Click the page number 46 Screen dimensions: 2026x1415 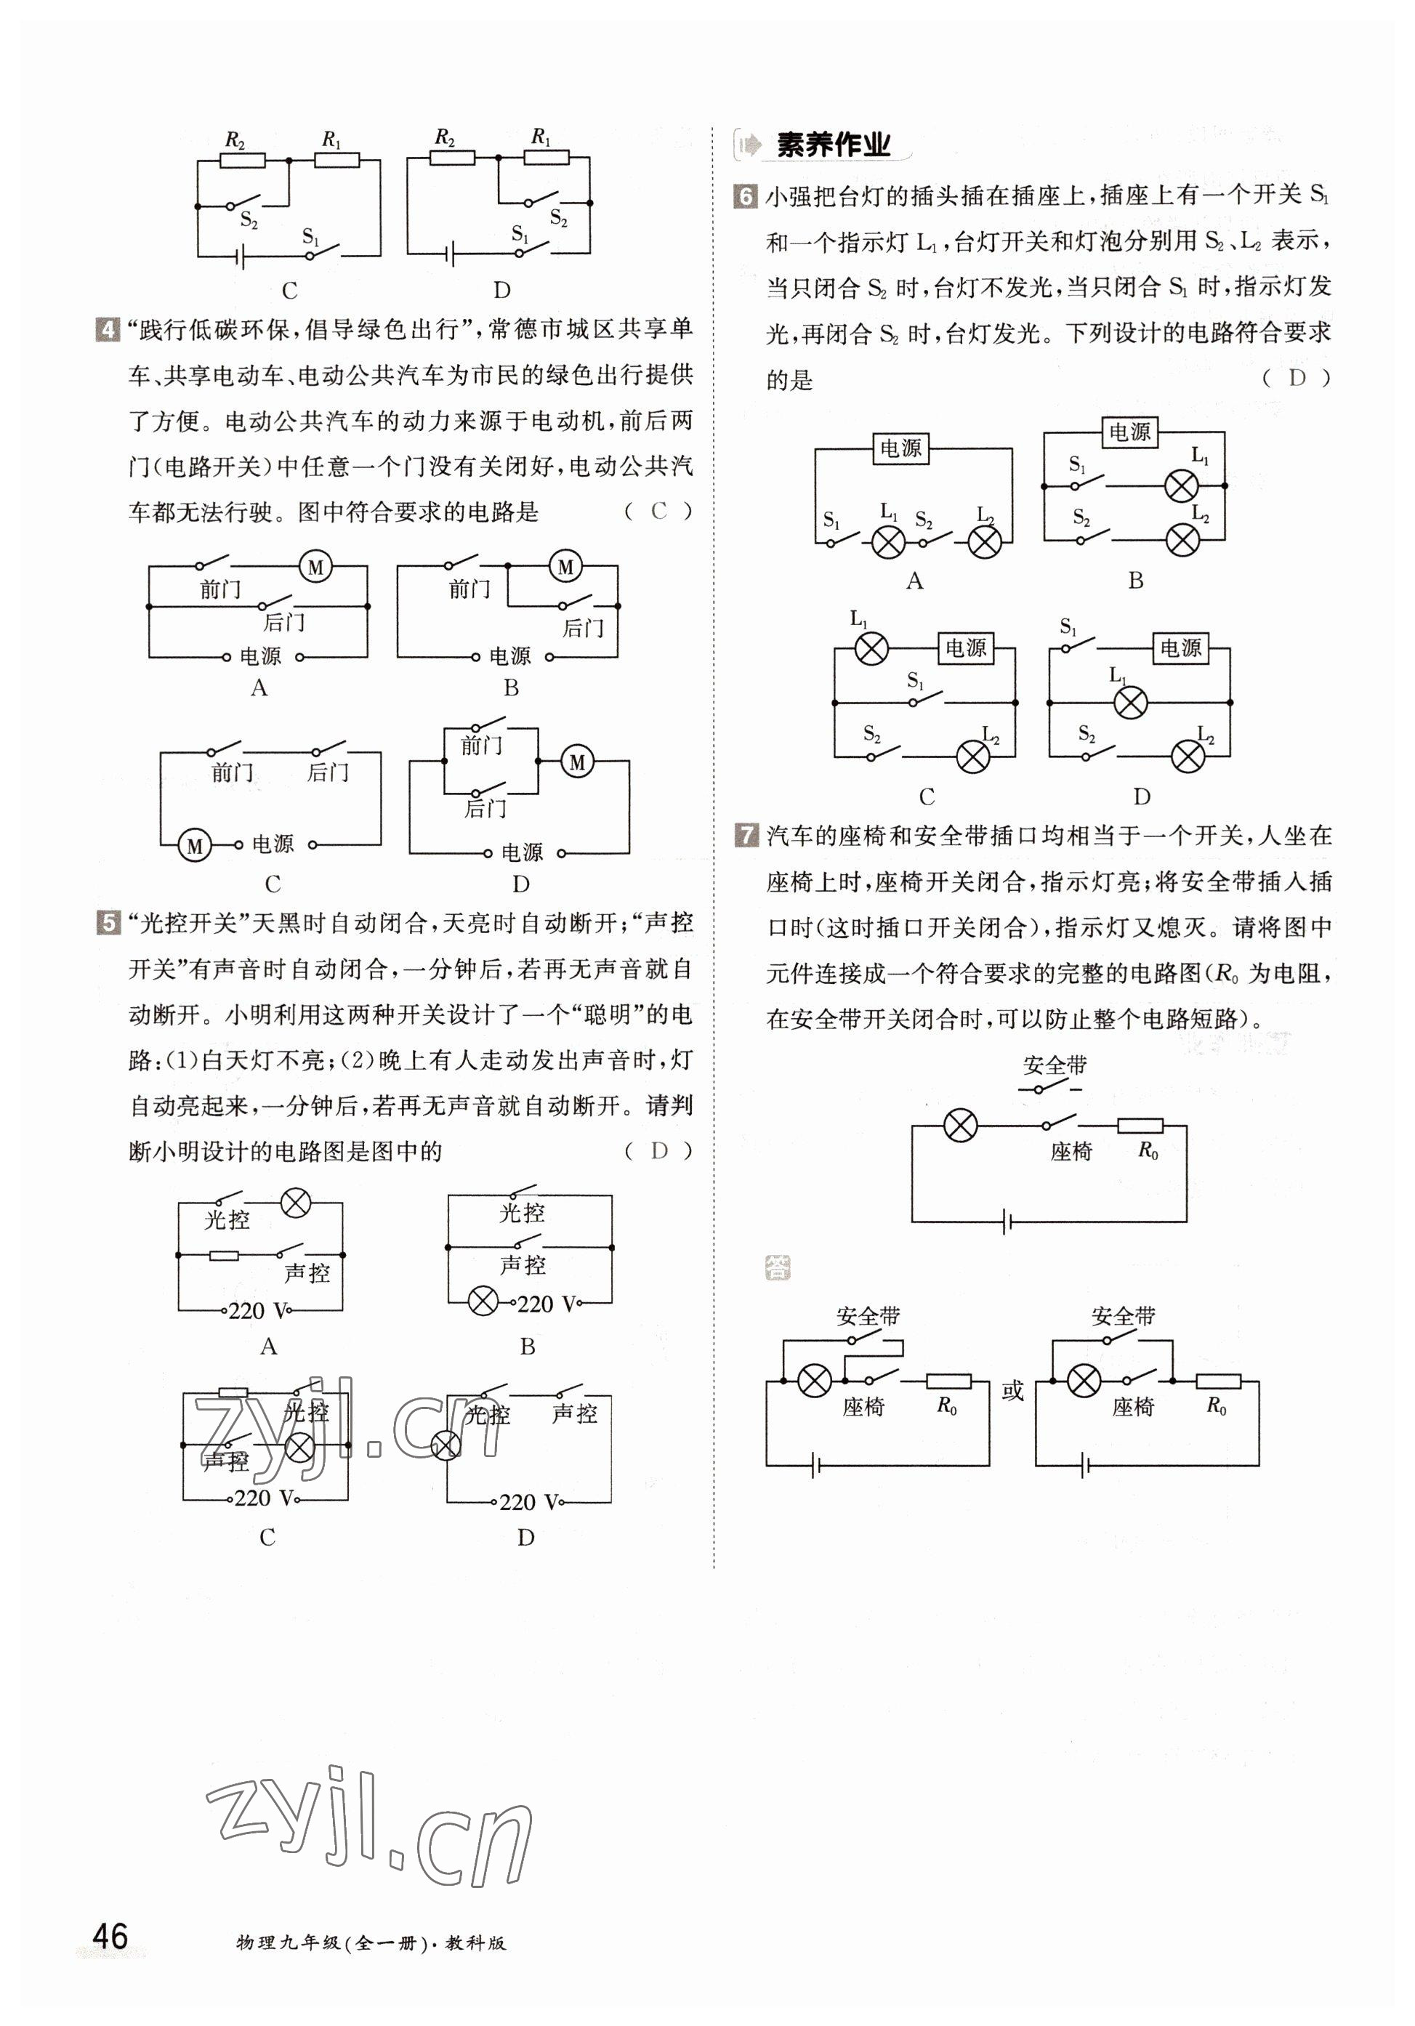pyautogui.click(x=110, y=1936)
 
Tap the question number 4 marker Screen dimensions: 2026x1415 pyautogui.click(x=106, y=330)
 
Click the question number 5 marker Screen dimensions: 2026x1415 pyautogui.click(x=106, y=924)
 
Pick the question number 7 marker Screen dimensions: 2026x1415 pyautogui.click(x=746, y=835)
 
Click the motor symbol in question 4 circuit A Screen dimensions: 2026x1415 pyautogui.click(x=315, y=567)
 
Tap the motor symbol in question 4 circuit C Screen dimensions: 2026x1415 pyautogui.click(x=194, y=846)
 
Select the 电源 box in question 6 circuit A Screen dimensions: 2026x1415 pyautogui.click(x=900, y=448)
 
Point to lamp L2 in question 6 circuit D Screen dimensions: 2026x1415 pyautogui.click(x=1188, y=756)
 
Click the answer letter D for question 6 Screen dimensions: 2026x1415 pyautogui.click(x=1296, y=379)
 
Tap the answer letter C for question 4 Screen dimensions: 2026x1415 pyautogui.click(x=658, y=511)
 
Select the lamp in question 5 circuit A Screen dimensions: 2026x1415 pyautogui.click(x=295, y=1202)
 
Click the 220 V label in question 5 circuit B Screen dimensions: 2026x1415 pyautogui.click(x=547, y=1304)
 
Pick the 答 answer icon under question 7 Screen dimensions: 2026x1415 pyautogui.click(x=778, y=1268)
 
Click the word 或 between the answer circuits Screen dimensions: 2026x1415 pyautogui.click(x=1012, y=1392)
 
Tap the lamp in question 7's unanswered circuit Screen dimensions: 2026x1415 pyautogui.click(x=960, y=1126)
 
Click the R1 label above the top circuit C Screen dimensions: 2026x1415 pyautogui.click(x=331, y=140)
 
